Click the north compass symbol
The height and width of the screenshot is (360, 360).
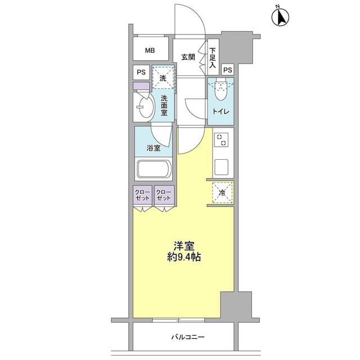click(x=279, y=17)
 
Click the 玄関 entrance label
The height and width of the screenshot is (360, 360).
click(x=188, y=56)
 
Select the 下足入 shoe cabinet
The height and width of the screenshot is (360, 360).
click(x=213, y=57)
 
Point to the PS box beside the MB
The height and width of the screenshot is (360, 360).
click(x=141, y=72)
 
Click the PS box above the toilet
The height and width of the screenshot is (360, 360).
click(x=227, y=69)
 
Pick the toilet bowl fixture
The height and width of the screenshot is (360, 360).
click(x=220, y=88)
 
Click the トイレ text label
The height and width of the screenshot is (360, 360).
click(x=220, y=111)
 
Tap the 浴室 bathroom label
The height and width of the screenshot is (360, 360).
click(x=154, y=148)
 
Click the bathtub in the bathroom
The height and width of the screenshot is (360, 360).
click(x=153, y=169)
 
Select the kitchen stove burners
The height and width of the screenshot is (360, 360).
click(x=222, y=139)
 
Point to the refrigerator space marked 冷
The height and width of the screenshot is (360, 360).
click(x=222, y=192)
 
